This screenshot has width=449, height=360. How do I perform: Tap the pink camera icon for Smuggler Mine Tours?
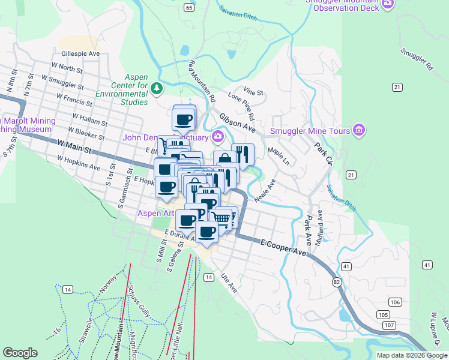point(359,130)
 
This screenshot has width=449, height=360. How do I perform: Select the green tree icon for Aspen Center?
point(157,88)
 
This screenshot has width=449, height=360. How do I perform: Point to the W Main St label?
point(74,145)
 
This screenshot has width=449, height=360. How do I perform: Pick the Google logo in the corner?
point(20,353)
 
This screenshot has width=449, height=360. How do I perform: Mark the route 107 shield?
point(390,325)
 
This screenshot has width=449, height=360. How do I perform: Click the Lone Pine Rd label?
point(241,106)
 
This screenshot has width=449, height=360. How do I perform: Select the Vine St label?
point(252,92)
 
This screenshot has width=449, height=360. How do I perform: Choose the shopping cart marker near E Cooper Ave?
point(222,218)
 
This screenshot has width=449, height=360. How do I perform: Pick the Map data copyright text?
point(412,355)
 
